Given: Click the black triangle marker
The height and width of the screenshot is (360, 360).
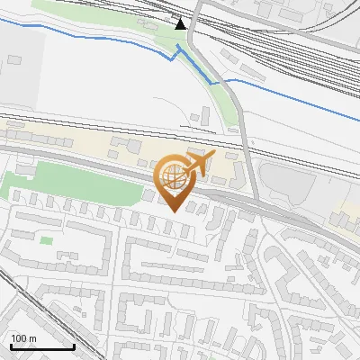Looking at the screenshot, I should pos(181,23).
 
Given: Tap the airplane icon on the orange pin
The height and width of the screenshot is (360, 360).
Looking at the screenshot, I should pos(199,163).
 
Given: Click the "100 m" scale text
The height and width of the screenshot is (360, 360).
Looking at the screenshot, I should pos(24,338).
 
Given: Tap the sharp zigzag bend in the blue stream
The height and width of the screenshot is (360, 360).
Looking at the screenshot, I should pos(175,55).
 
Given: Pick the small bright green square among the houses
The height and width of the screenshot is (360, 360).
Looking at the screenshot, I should pos(46,239).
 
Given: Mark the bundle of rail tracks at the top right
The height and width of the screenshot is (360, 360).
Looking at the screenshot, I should pos(288,45).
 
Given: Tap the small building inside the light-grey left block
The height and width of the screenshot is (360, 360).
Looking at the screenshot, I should pos(13,59).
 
